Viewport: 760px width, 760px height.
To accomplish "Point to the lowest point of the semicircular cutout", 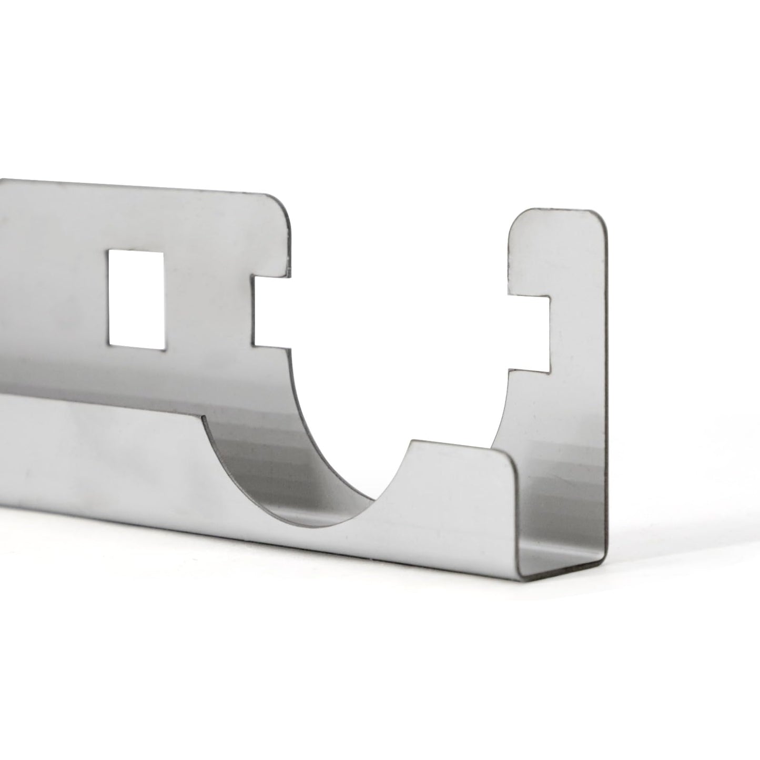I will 316,526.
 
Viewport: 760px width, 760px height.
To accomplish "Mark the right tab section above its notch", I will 558,252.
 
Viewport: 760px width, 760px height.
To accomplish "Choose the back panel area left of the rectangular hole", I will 53,295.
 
